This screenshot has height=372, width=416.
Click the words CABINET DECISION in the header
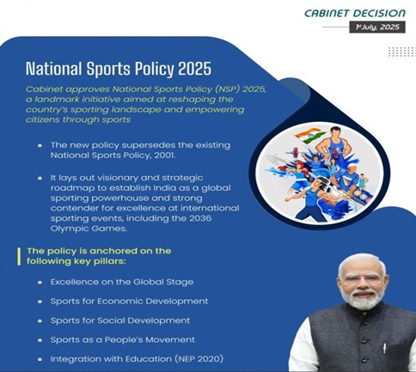(x=355, y=14)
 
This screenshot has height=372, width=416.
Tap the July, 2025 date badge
(x=377, y=27)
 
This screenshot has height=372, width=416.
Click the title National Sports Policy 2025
(x=119, y=69)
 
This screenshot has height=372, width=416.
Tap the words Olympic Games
(x=89, y=229)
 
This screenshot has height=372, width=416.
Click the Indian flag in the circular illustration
(x=310, y=137)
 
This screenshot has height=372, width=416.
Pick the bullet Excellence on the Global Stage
(x=122, y=282)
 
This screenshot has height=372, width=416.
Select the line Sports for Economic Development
(x=129, y=302)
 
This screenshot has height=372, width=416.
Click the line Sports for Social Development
(x=120, y=320)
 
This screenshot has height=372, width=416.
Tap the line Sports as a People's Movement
(x=123, y=339)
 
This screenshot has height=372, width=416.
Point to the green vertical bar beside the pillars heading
(x=19, y=256)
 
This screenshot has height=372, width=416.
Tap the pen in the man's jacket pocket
(x=384, y=348)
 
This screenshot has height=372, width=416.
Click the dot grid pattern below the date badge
(x=402, y=52)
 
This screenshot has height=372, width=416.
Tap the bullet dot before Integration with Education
(x=40, y=359)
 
